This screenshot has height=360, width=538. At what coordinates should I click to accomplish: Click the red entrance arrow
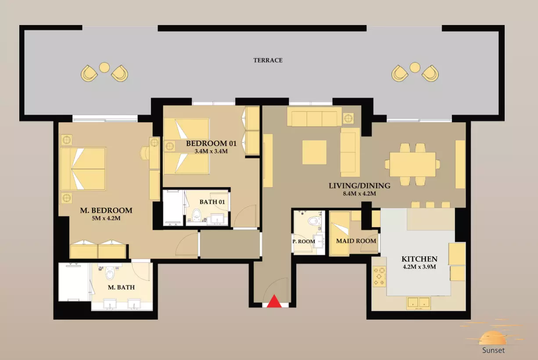(x=274, y=302)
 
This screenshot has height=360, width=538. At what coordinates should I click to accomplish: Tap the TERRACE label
(x=268, y=60)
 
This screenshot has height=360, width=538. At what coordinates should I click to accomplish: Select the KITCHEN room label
(x=420, y=259)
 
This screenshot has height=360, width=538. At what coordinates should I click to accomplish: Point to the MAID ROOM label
(x=356, y=241)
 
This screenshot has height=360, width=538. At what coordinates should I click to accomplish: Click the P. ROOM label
(x=304, y=241)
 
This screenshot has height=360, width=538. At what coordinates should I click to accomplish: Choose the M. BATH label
(x=121, y=288)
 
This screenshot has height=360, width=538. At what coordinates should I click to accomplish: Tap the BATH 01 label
(x=212, y=202)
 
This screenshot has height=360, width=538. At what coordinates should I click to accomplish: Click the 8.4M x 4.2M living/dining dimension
(x=359, y=194)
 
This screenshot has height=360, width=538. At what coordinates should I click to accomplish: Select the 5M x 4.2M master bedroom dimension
(x=106, y=218)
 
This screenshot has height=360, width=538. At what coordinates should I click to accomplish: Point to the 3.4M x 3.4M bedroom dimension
(x=211, y=151)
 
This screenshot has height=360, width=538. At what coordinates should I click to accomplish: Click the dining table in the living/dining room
(x=412, y=164)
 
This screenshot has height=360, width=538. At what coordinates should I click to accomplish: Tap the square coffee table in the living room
(x=314, y=152)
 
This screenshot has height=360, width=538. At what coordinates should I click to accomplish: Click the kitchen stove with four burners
(x=379, y=277)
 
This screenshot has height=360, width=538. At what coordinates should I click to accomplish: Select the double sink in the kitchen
(x=418, y=303)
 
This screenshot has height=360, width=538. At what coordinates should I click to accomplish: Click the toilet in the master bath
(x=110, y=273)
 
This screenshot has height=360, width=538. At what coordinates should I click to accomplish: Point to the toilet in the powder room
(x=315, y=221)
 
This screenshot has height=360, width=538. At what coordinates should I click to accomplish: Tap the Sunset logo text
(x=493, y=350)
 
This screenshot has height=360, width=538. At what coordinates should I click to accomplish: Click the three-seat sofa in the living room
(x=314, y=116)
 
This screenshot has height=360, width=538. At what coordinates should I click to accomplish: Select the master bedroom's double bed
(x=83, y=169)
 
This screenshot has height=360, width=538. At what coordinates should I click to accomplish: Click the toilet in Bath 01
(x=197, y=215)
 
